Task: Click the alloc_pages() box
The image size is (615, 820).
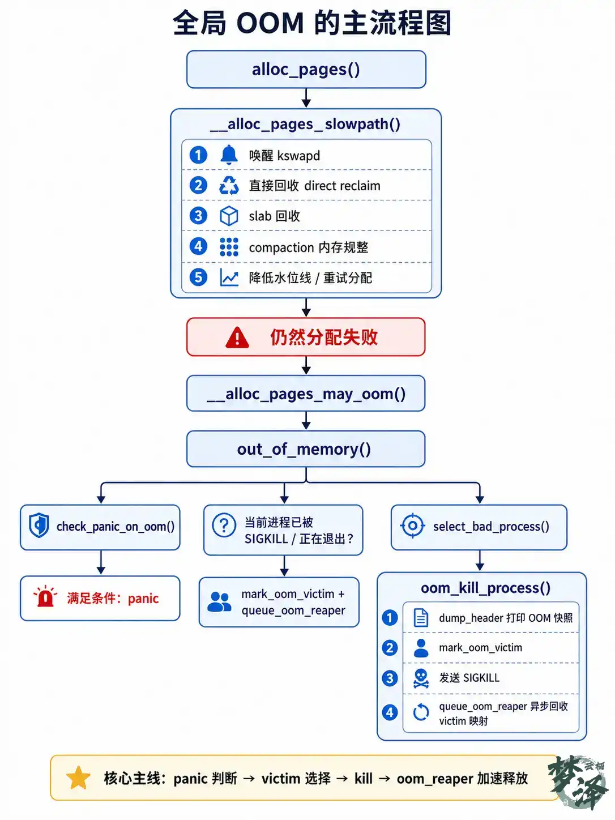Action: (x=306, y=70)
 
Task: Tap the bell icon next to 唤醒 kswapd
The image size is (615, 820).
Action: (x=229, y=155)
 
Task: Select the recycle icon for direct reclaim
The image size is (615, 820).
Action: (x=229, y=185)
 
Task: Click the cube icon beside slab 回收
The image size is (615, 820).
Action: (x=229, y=216)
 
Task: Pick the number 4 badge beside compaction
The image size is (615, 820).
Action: (x=198, y=246)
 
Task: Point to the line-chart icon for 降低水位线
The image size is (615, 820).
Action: (x=229, y=277)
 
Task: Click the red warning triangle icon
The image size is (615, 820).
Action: (x=237, y=338)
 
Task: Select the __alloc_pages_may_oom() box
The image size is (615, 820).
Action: (x=306, y=394)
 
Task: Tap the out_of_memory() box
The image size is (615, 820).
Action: (x=306, y=449)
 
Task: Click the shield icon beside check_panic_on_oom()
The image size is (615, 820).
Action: (x=39, y=526)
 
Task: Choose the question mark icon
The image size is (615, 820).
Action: (x=224, y=526)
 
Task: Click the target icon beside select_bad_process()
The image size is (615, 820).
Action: (x=413, y=526)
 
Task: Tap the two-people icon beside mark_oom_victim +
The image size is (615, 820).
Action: (x=219, y=602)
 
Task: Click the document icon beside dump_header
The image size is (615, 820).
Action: (x=421, y=617)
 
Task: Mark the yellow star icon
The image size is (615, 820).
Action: (x=78, y=778)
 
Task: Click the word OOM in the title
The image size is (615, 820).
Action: (x=270, y=23)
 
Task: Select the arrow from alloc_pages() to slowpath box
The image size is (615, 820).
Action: (x=306, y=98)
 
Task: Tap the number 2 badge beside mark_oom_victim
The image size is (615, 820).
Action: (x=390, y=648)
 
